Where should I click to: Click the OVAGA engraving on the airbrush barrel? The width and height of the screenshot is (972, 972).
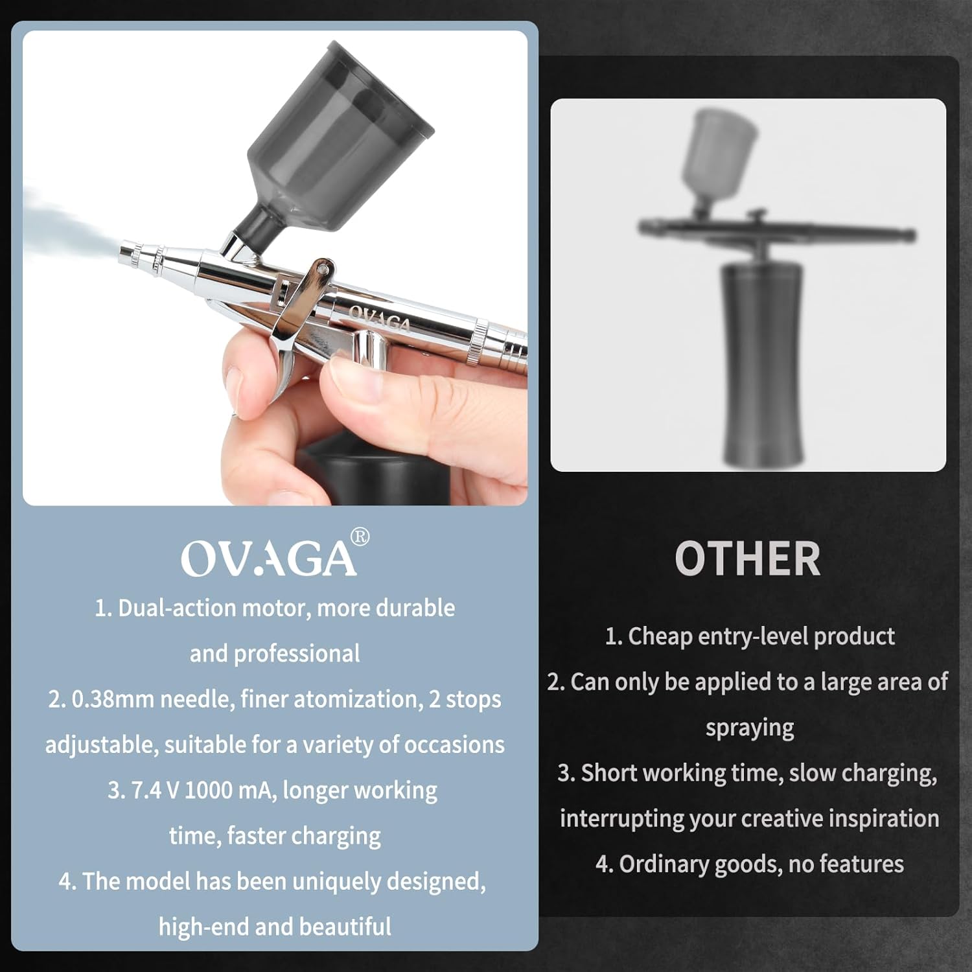(x=380, y=318)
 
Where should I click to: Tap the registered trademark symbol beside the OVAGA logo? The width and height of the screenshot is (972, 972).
(x=360, y=537)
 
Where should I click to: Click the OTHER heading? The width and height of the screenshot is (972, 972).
(x=747, y=559)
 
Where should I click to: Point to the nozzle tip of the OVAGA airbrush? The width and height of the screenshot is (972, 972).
(x=127, y=251)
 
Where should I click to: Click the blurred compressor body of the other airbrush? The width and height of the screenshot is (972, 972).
(x=763, y=363)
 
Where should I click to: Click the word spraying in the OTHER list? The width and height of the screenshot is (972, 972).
(x=750, y=728)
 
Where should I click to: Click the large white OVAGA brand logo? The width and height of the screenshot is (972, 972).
(x=268, y=559)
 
